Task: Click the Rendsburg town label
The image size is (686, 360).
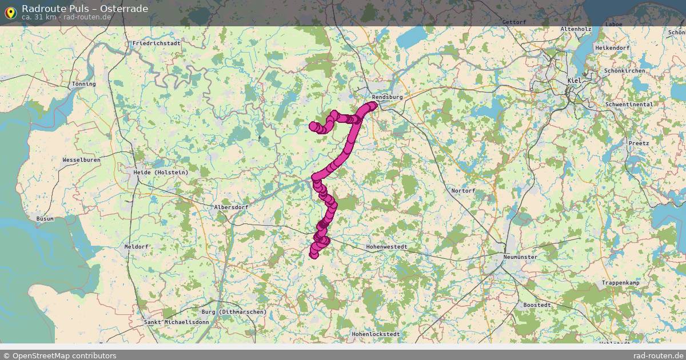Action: [387, 97]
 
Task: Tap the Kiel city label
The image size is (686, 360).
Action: [574, 81]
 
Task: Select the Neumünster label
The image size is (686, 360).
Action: [520, 257]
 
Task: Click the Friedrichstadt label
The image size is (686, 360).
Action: [156, 43]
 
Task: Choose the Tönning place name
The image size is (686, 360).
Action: [84, 84]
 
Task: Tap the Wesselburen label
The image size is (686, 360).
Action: [81, 160]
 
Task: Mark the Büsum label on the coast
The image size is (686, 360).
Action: [45, 219]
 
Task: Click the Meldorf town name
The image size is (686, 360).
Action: [136, 247]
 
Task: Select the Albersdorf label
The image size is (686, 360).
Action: [230, 207]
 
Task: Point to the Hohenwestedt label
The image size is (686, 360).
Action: [386, 247]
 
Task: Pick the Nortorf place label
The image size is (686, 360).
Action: [463, 191]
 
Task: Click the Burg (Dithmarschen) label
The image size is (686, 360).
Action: [234, 312]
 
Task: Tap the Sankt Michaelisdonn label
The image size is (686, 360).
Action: [177, 322]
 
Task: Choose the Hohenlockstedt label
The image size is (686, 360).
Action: [376, 334]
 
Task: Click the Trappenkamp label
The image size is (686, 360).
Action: [620, 283]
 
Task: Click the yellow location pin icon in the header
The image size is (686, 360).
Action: [10, 13]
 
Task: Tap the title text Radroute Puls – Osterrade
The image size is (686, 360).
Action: [85, 9]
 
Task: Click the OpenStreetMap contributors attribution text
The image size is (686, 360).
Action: [64, 355]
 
